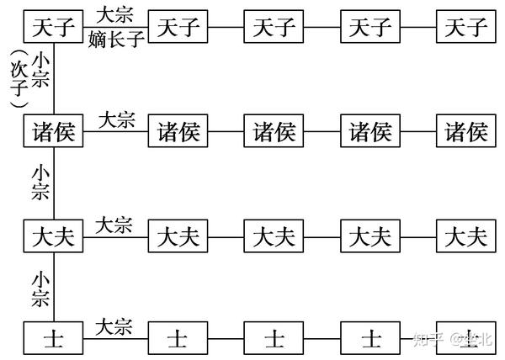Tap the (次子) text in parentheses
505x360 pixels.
pyautogui.click(x=14, y=78)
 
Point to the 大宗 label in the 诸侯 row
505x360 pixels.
pyautogui.click(x=117, y=120)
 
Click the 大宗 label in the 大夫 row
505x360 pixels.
pyautogui.click(x=114, y=225)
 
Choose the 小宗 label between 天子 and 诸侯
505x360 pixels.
pyautogui.click(x=40, y=76)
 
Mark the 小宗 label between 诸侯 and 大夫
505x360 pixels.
pyautogui.click(x=40, y=183)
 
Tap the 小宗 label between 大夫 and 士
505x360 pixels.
pyautogui.click(x=40, y=288)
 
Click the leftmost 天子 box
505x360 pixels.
pyautogui.click(x=55, y=28)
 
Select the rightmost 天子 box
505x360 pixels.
pyautogui.click(x=466, y=28)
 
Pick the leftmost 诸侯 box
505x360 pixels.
pyautogui.click(x=55, y=132)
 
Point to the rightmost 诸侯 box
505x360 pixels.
pyautogui.click(x=466, y=132)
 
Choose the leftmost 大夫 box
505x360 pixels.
pyautogui.click(x=55, y=236)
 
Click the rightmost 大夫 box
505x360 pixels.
pyautogui.click(x=466, y=236)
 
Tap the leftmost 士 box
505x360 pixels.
pyautogui.click(x=55, y=339)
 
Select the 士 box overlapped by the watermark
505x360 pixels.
pyautogui.click(x=466, y=339)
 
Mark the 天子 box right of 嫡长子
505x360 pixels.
pyautogui.click(x=178, y=28)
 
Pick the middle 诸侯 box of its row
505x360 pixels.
pyautogui.click(x=274, y=132)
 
